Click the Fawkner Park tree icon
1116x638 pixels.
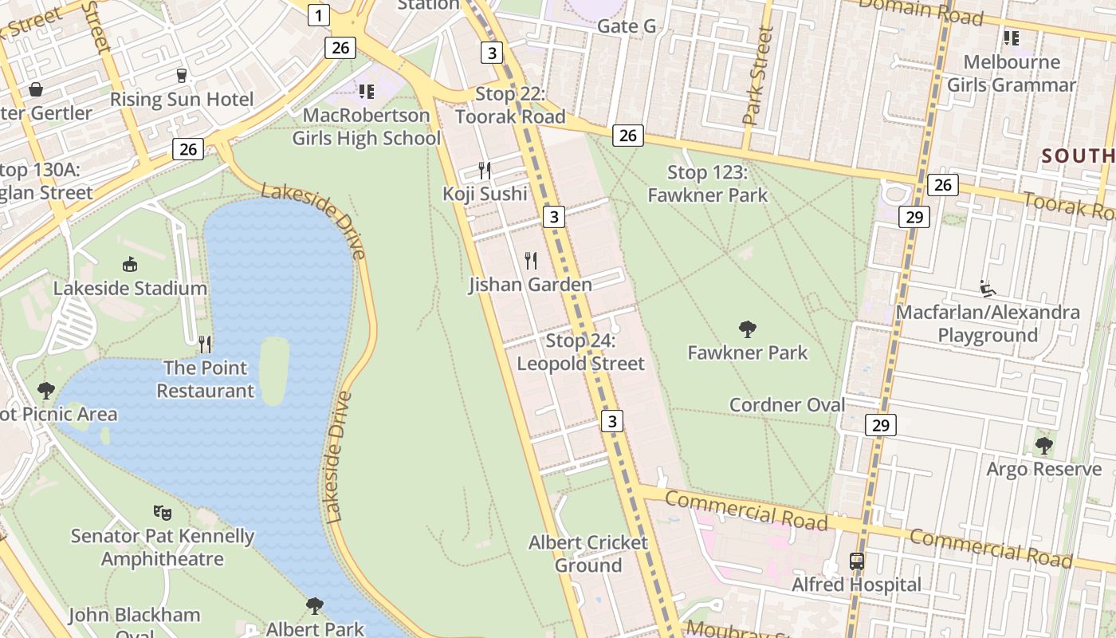[747, 329]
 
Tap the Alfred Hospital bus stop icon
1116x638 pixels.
[857, 561]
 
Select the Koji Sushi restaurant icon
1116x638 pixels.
[484, 170]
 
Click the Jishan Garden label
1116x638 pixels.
[530, 285]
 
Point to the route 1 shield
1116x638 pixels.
[318, 14]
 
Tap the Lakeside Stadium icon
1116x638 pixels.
[129, 264]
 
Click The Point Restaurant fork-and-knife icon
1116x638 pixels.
[205, 344]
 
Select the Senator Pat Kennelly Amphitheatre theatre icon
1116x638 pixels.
[162, 512]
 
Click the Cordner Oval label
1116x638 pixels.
[787, 405]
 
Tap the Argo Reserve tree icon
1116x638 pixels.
[1043, 445]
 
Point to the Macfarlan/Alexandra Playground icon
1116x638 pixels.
[987, 288]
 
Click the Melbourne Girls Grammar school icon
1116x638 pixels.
[1011, 37]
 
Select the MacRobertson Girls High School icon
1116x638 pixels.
[366, 92]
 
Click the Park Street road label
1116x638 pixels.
[756, 77]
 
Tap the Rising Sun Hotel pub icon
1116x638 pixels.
[182, 76]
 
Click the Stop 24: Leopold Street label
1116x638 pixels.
[580, 352]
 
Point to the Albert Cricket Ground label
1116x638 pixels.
[587, 553]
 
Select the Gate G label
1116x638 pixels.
[627, 26]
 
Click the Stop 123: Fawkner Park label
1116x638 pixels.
[707, 183]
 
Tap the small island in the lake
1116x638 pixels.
[273, 370]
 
